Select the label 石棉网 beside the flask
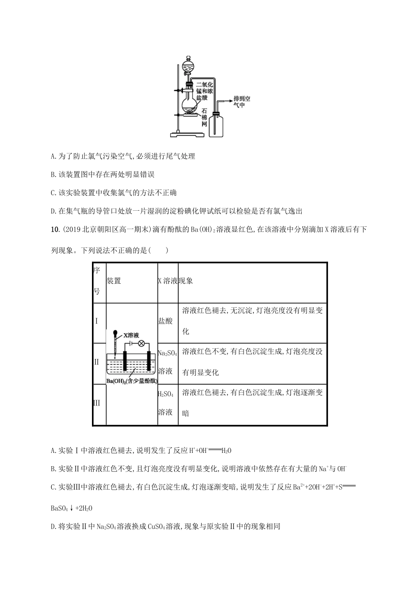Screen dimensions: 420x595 point(204,117)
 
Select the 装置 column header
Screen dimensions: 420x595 point(114,281)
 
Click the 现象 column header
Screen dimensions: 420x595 point(186,281)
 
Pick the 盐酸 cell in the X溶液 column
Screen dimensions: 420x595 point(165,321)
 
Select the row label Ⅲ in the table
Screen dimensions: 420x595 point(97,403)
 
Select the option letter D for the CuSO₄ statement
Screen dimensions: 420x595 point(54,526)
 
